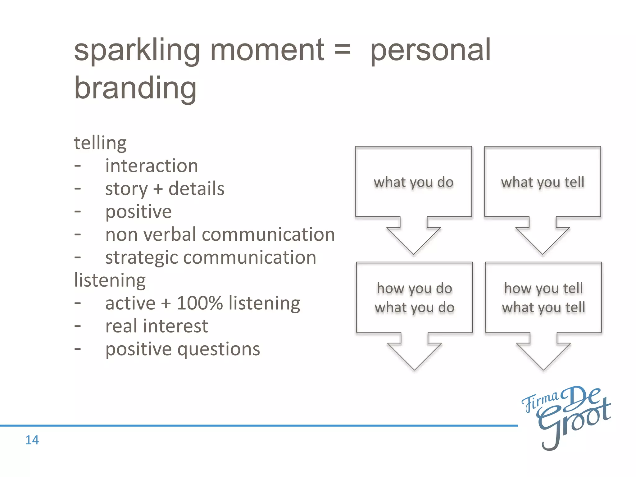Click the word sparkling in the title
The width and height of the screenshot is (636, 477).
(137, 51)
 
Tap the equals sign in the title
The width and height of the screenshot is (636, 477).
(343, 50)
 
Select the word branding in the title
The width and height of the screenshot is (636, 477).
(135, 89)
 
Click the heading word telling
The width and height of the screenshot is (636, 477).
(100, 143)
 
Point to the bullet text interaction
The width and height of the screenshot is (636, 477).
(152, 166)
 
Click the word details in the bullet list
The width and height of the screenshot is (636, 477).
(196, 189)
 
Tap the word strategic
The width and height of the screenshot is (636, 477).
(142, 258)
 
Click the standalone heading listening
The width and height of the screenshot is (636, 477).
(110, 280)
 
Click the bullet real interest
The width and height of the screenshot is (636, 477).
(157, 326)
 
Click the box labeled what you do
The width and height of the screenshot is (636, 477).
(413, 182)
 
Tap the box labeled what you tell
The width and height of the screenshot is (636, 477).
(543, 182)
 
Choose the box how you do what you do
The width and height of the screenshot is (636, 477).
(414, 298)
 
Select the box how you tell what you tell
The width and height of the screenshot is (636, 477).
(543, 298)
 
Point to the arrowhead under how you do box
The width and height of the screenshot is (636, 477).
(414, 356)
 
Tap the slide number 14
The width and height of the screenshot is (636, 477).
(32, 440)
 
